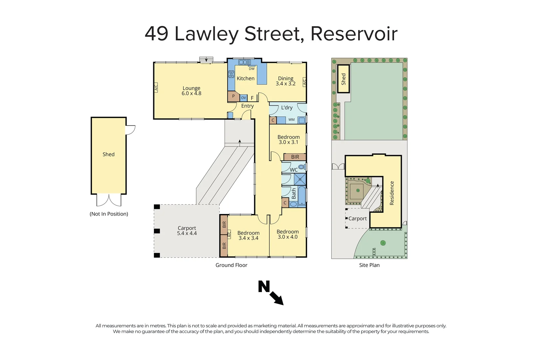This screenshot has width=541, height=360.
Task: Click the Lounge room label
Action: [x=191, y=88]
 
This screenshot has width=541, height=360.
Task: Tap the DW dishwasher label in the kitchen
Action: [x=252, y=69]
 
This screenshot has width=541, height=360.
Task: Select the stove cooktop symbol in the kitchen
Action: [x=231, y=74]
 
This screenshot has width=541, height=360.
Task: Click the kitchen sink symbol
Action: [x=245, y=62]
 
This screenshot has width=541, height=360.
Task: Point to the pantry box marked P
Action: [x=233, y=96]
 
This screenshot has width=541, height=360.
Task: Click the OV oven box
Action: [x=244, y=98]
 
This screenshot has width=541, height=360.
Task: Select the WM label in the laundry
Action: [x=291, y=120]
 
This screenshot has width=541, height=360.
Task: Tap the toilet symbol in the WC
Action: [x=301, y=167]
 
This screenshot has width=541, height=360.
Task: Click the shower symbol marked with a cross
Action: [x=300, y=179]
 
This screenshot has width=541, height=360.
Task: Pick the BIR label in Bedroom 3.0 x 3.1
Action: [x=295, y=157]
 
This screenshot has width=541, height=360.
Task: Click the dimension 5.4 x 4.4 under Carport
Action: [x=187, y=233]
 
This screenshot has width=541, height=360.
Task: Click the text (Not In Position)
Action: [x=109, y=214]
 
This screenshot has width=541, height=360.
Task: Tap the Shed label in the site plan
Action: [x=343, y=79]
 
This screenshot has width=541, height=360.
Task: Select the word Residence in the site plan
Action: [x=392, y=193]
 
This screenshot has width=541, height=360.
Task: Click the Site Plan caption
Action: [x=369, y=265]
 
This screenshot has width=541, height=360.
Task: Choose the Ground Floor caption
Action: [x=231, y=265]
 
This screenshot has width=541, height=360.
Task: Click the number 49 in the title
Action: [x=157, y=34]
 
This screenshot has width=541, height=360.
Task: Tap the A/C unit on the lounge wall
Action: [x=156, y=88]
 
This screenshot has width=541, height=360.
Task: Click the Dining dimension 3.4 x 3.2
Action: [x=285, y=84]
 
